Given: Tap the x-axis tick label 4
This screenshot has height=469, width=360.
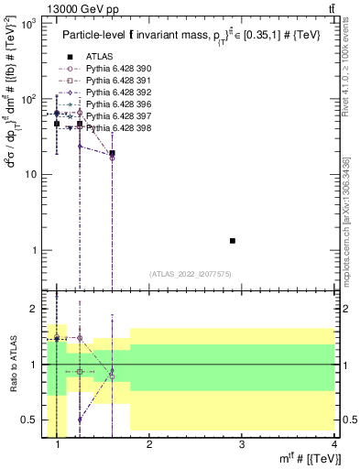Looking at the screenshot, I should pos(334,445).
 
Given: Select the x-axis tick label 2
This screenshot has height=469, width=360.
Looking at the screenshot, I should pos(149,445).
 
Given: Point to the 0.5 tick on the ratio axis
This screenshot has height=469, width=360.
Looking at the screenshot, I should pos(33,420).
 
